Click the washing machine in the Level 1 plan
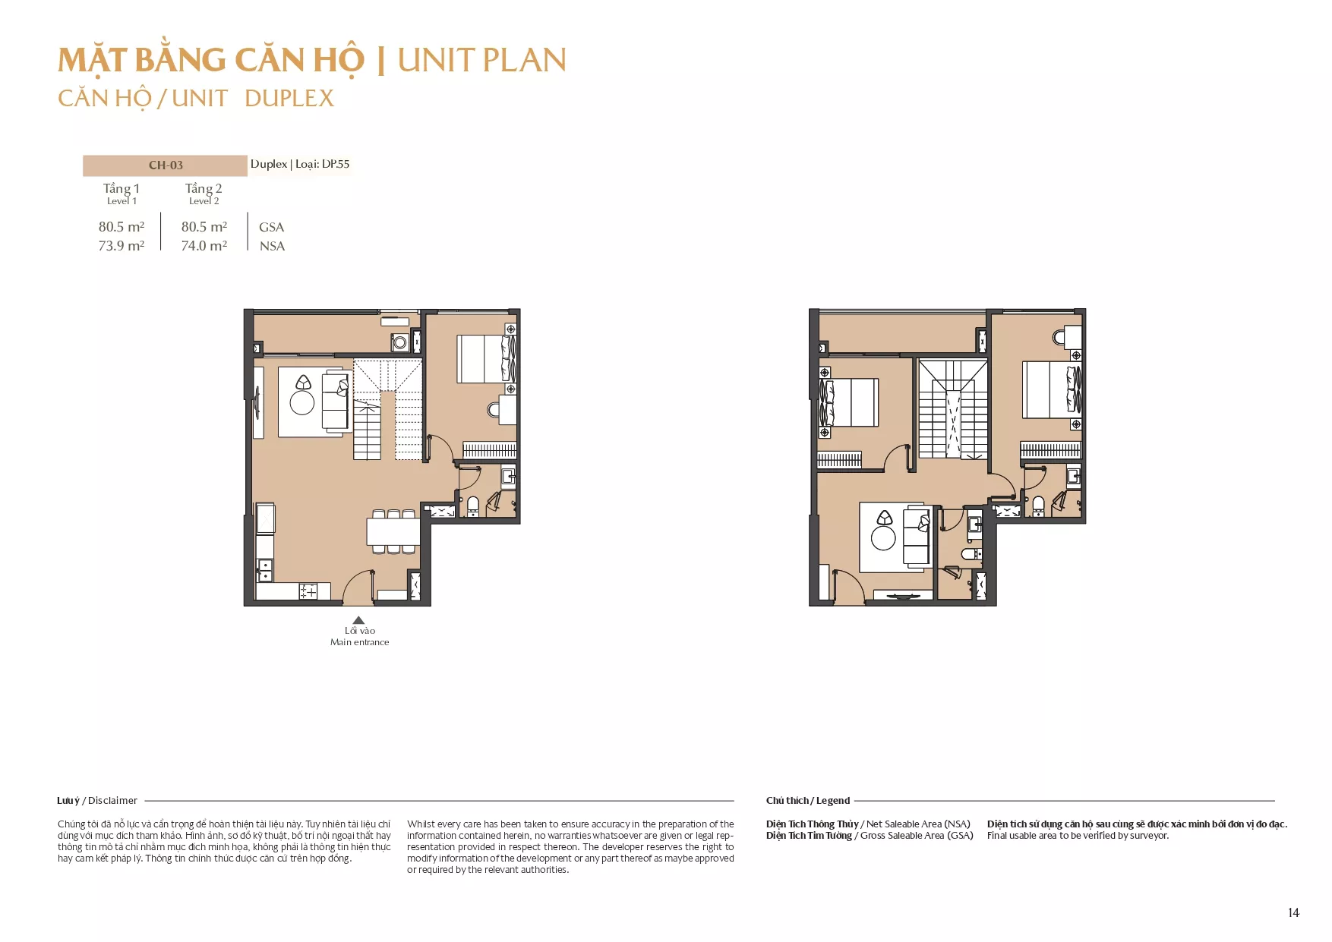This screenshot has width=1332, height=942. click(x=399, y=342)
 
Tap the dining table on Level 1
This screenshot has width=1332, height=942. click(x=393, y=531)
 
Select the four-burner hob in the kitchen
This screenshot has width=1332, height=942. click(x=308, y=591)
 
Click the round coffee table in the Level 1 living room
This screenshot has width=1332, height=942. click(x=302, y=402)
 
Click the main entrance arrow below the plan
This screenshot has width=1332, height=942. click(x=358, y=620)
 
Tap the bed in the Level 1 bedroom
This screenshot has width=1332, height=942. click(x=486, y=359)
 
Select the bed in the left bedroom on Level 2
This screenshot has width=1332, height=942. click(x=849, y=402)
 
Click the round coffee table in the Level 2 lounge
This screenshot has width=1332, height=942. click(x=883, y=538)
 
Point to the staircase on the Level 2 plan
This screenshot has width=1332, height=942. click(x=953, y=409)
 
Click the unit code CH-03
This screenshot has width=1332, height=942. click(x=166, y=165)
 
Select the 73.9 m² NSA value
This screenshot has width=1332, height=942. click(x=122, y=246)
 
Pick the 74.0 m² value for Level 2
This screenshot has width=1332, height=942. click(x=204, y=246)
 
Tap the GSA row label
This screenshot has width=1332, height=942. click(x=271, y=227)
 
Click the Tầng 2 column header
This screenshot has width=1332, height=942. click(x=204, y=188)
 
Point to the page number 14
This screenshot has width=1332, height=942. click(x=1293, y=912)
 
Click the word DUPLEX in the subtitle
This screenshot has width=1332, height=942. click(x=289, y=99)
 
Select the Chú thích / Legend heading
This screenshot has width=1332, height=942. click(x=808, y=800)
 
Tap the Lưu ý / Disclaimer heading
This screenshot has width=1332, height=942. click(x=97, y=800)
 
